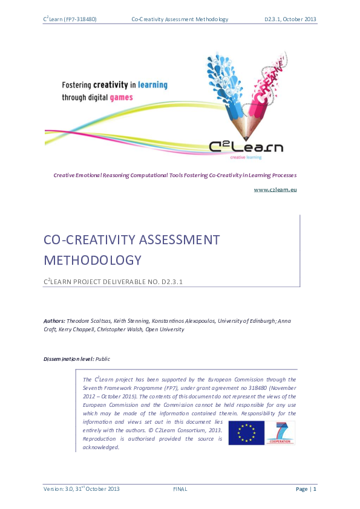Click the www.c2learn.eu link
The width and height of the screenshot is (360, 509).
tap(275, 189)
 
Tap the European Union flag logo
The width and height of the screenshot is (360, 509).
tap(246, 433)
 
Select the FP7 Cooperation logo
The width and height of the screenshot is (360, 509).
tap(281, 432)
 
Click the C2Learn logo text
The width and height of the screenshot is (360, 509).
tap(246, 147)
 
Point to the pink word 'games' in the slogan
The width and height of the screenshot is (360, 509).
tap(121, 96)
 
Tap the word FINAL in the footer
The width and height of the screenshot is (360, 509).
tap(180, 488)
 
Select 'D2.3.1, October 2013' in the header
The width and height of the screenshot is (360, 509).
tap(290, 19)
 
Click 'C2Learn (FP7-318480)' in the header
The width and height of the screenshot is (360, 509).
tap(70, 19)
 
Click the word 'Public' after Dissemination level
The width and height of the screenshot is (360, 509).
tap(103, 359)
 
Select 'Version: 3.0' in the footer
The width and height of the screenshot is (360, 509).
tap(57, 488)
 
